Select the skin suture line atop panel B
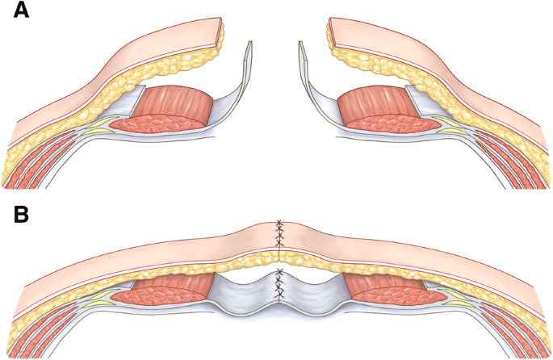coord(279,233)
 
